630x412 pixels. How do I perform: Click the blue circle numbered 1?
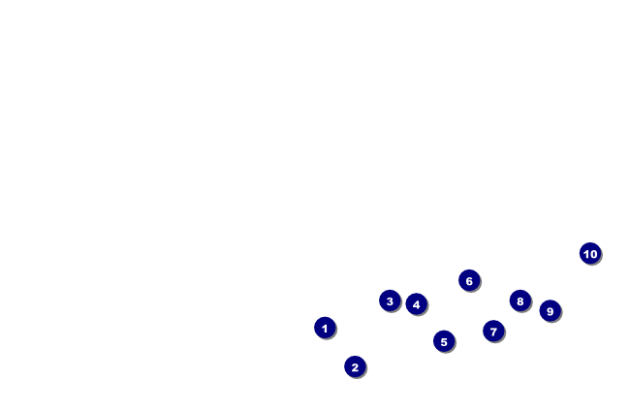(x=325, y=328)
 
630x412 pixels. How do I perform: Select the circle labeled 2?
(x=355, y=366)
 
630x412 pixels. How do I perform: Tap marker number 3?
(x=390, y=301)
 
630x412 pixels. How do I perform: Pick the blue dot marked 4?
(x=416, y=303)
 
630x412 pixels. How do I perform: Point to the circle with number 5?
(x=444, y=340)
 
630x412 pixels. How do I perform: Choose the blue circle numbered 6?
(x=469, y=280)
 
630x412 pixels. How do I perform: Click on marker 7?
(x=493, y=331)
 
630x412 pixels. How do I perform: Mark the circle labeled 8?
(x=520, y=301)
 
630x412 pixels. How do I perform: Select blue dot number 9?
(x=550, y=310)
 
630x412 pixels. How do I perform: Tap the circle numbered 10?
(x=590, y=253)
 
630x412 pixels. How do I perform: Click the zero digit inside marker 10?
(x=593, y=254)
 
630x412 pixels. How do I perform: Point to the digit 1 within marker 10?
(x=586, y=254)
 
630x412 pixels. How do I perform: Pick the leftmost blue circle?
(x=325, y=328)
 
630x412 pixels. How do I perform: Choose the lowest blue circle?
(x=355, y=366)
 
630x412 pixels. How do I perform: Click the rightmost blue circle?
(x=590, y=253)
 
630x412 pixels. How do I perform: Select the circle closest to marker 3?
(x=416, y=303)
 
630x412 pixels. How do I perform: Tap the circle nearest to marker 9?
(x=520, y=301)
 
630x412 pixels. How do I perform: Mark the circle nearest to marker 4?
(x=390, y=301)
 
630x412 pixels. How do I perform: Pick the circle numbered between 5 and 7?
(x=469, y=280)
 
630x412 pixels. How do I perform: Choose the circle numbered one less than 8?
(x=493, y=331)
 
